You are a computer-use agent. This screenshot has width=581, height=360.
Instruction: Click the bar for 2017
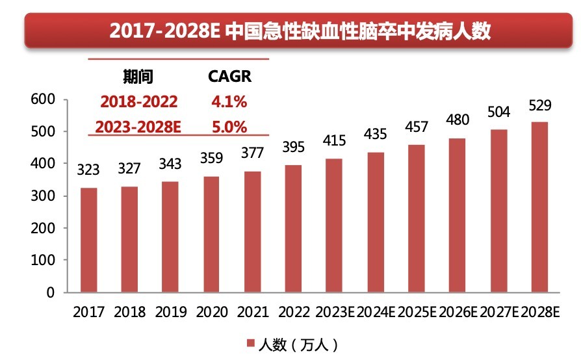pos(89,240)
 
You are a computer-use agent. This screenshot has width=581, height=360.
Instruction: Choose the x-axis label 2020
pos(213,313)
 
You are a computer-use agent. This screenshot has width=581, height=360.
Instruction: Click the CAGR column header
pos(229,77)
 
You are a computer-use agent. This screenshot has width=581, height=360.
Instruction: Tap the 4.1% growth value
pos(229,102)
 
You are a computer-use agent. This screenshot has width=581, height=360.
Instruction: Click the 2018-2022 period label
pos(138,102)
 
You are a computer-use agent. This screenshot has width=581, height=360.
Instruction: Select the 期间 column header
pos(138,77)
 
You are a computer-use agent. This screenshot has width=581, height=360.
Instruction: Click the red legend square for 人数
pos(250,342)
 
